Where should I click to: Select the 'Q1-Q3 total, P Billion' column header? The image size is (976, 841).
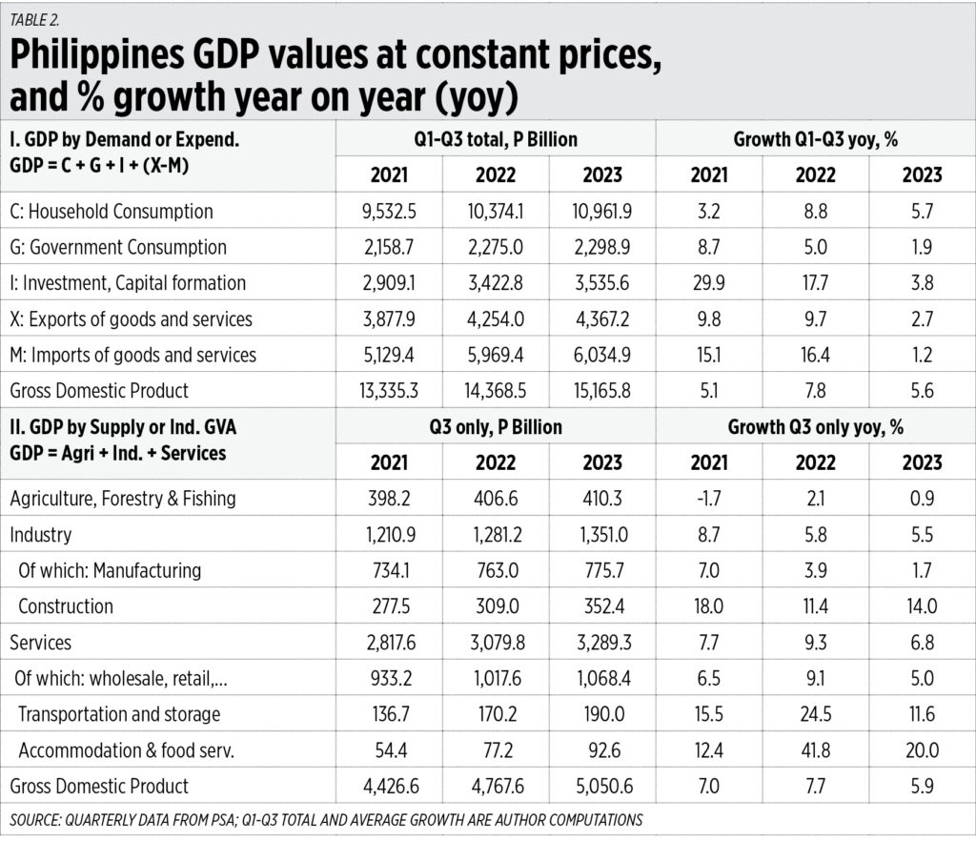coord(495,139)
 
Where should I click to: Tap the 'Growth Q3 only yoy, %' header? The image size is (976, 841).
coord(816,427)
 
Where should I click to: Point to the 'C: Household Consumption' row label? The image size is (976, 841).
coord(111,211)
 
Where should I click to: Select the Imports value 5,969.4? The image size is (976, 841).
coord(495,355)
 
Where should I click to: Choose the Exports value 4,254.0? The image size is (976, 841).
coord(495,318)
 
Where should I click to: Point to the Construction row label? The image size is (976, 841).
coord(65,606)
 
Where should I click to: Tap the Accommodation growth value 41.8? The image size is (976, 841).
coord(816,750)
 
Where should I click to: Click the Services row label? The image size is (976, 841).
coord(40,643)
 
